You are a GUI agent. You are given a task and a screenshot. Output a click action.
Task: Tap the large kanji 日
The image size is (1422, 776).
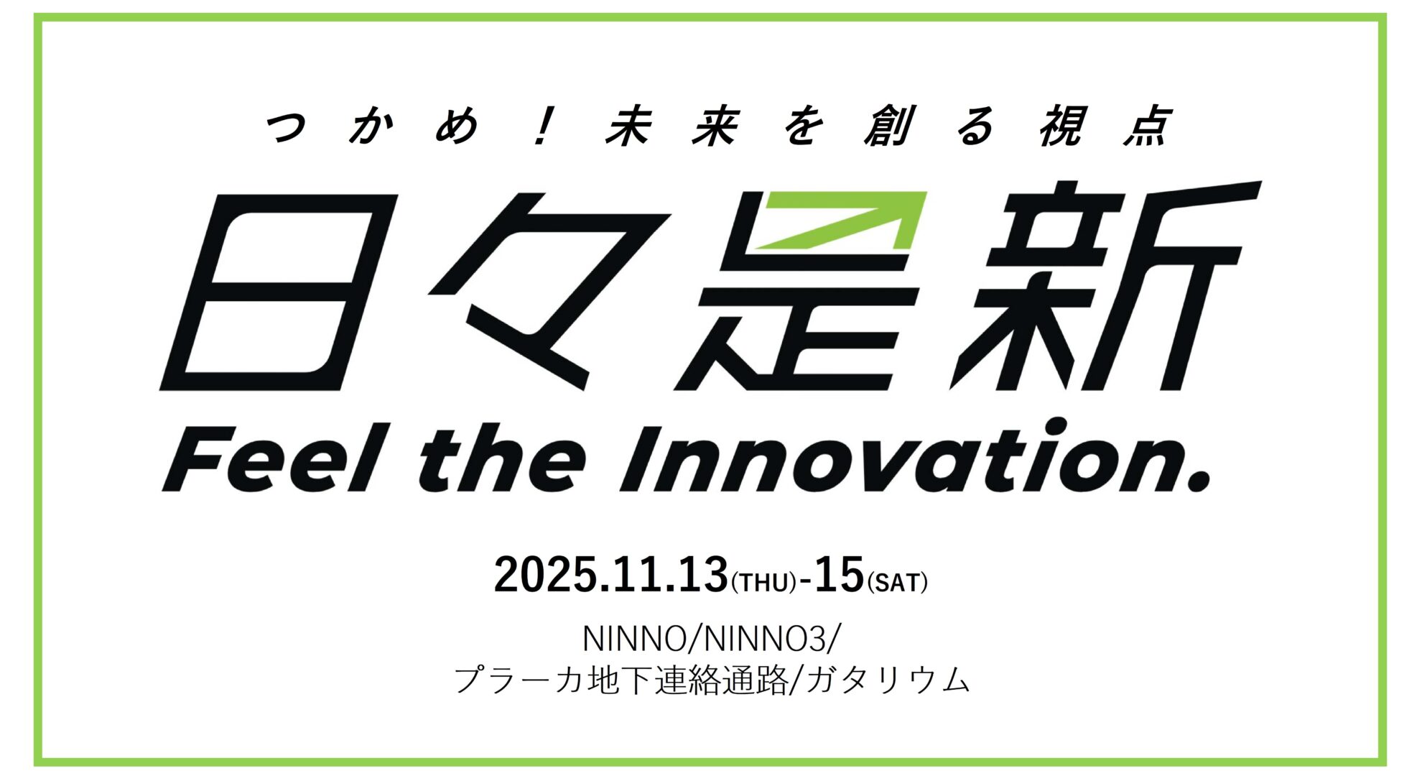(279, 292)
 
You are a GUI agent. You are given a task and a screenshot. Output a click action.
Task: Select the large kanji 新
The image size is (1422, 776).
(1106, 286)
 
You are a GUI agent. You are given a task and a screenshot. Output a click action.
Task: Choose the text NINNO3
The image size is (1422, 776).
(764, 639)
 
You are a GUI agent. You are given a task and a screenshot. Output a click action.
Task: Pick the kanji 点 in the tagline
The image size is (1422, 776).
(1148, 126)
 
